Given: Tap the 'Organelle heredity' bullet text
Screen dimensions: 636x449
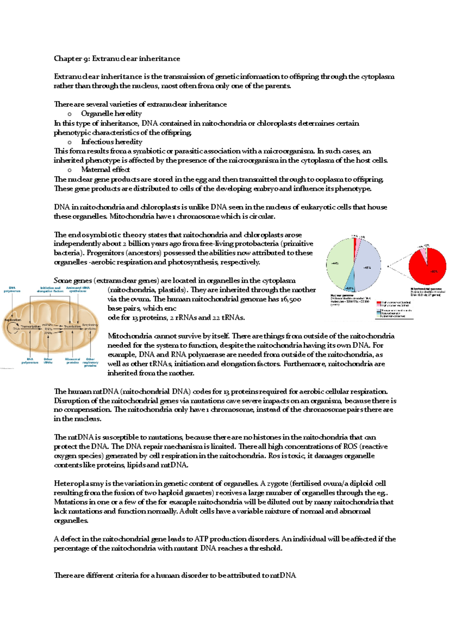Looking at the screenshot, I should (x=111, y=113).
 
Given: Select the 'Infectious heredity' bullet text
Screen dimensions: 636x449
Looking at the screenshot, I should (x=112, y=142).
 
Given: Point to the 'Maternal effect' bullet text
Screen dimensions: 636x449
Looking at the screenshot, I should (x=106, y=170).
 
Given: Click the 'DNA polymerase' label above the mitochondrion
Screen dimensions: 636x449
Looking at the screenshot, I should (x=12, y=290).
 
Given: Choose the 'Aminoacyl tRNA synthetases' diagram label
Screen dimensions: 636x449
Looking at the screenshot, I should (x=78, y=290).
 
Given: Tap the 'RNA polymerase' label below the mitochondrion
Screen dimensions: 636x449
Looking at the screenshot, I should (x=30, y=361).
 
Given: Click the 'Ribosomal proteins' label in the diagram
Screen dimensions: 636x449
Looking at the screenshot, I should (x=73, y=361).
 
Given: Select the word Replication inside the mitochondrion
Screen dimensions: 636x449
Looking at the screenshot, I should (x=13, y=320).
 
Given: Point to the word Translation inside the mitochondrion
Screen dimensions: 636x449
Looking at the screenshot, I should (x=72, y=327).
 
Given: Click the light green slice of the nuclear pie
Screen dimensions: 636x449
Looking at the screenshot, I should (x=339, y=262).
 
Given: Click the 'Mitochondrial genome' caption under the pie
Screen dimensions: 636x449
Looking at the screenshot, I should (x=426, y=289).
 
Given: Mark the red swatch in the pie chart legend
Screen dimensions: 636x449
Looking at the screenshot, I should (x=379, y=302).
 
